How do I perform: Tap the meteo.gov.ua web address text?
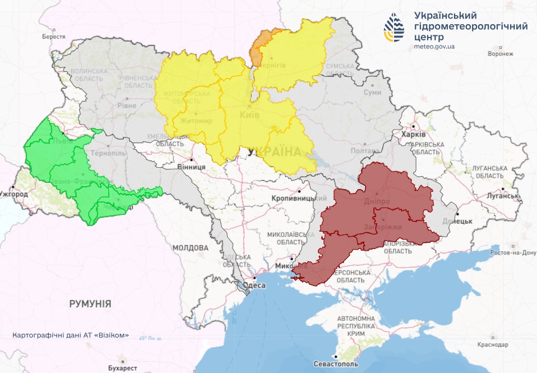434,46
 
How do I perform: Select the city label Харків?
414,135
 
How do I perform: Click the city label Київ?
249,115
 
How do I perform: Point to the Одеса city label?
256,285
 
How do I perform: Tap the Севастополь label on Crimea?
336,363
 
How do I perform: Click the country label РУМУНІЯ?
90,303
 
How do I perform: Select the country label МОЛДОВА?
190,247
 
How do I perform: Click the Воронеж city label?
501,54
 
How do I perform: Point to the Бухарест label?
123,368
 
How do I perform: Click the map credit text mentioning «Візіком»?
71,335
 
